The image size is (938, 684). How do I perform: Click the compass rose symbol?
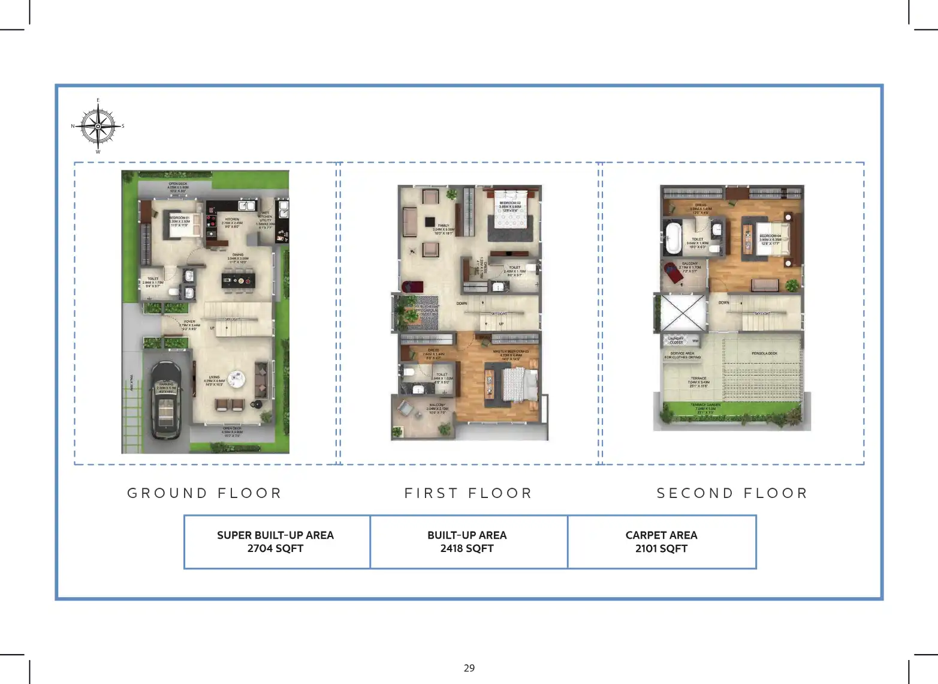[98, 126]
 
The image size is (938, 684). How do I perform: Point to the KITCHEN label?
[232, 220]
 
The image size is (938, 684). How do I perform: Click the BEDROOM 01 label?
[179, 218]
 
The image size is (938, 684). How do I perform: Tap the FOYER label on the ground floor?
[189, 322]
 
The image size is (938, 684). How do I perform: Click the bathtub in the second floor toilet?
[674, 238]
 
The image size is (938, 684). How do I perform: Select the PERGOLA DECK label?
[764, 353]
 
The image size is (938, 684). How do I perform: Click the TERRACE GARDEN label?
[705, 405]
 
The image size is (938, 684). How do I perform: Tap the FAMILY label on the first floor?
[444, 226]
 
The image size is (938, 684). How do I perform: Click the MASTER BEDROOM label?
[511, 351]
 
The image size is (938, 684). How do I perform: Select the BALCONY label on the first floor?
[437, 405]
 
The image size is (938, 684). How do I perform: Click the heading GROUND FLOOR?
[204, 493]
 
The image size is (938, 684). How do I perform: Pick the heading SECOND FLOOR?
[732, 493]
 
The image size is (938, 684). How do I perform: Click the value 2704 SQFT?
[275, 548]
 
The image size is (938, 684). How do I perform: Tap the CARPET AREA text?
[661, 535]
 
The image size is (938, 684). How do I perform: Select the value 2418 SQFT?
[467, 548]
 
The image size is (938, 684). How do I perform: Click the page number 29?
[469, 668]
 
